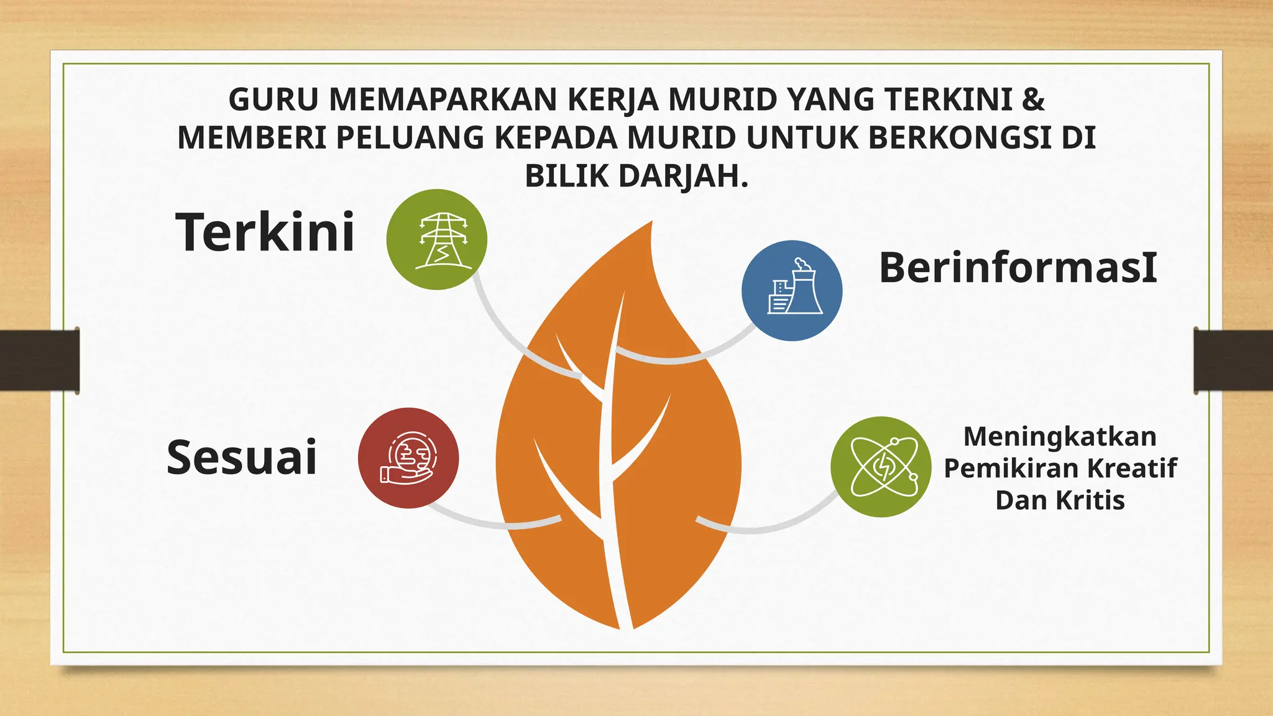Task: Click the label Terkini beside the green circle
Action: coord(265,232)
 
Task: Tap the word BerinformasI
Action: coord(1018,267)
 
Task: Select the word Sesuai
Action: coord(242,457)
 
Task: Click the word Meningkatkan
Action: coord(1060,436)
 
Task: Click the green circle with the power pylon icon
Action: coord(437,239)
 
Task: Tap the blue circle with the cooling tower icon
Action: coord(792,290)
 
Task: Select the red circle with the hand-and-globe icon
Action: coord(408,458)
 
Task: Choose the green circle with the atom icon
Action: coord(881,467)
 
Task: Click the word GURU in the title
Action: coord(273,99)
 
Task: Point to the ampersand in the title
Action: coord(1033,99)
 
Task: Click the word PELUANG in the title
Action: coord(410,138)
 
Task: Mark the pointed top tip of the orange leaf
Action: coord(651,223)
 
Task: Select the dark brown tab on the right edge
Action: coord(1233,360)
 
